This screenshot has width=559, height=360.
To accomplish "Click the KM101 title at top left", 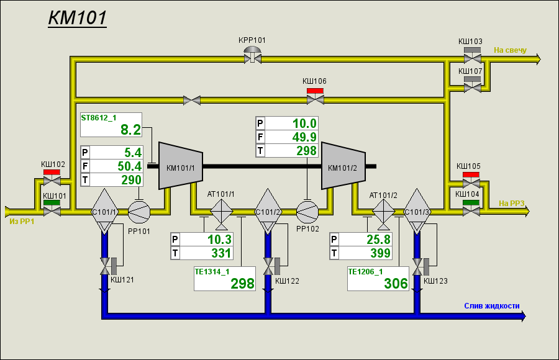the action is pos(78,17).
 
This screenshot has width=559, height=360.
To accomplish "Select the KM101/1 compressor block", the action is pos(181,166).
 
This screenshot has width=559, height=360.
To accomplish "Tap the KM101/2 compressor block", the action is pos(343,166).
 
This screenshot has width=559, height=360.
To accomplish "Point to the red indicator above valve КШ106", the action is pos(315,91).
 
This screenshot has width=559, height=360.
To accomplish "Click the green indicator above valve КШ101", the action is pos(52,203).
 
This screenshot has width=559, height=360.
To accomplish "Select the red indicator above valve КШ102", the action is pos(52,172).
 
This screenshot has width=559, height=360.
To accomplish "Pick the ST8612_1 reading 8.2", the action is pos(131,130).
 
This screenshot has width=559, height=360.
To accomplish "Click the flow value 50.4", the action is pos(130,166).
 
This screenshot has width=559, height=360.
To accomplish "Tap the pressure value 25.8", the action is pos(379,240).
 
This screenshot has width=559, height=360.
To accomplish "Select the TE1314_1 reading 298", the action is pos(242,284).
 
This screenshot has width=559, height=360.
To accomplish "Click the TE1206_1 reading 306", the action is pos(396,284).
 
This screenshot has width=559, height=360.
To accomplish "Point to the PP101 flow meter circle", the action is pos(139,212).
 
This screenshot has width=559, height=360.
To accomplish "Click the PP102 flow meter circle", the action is pos(307,212).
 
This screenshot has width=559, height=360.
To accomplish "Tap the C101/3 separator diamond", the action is pos(417,212).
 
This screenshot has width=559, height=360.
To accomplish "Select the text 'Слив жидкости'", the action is pos(492,306).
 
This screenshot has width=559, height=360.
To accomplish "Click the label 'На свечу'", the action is pos(510,50).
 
